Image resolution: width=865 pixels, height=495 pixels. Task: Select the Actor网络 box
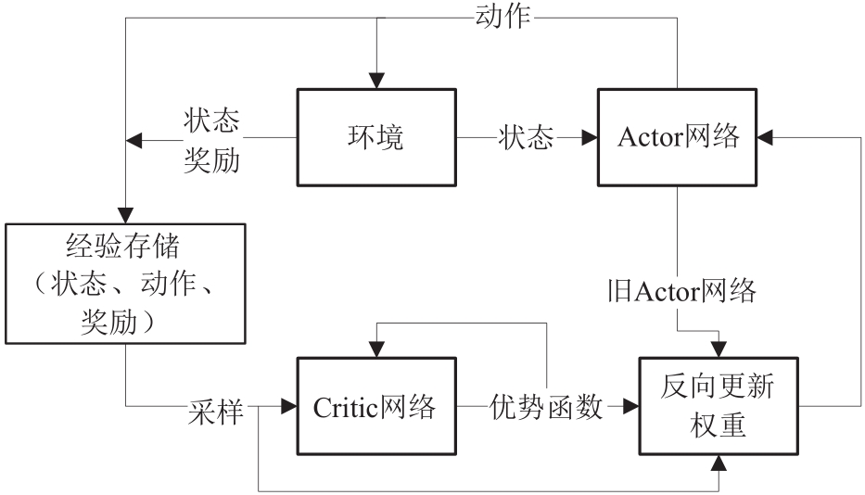(x=678, y=137)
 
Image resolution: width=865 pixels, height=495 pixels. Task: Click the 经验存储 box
(x=125, y=282)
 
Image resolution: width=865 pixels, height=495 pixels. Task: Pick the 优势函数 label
(x=545, y=407)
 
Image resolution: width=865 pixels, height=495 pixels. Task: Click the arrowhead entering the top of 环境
(x=375, y=81)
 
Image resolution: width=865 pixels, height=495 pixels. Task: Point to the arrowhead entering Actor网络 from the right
(x=766, y=137)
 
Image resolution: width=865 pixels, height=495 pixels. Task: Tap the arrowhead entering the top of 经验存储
(x=125, y=214)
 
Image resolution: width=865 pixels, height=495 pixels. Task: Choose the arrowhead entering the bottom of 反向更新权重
(x=718, y=463)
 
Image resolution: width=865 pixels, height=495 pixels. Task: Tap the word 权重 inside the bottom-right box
(x=718, y=429)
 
